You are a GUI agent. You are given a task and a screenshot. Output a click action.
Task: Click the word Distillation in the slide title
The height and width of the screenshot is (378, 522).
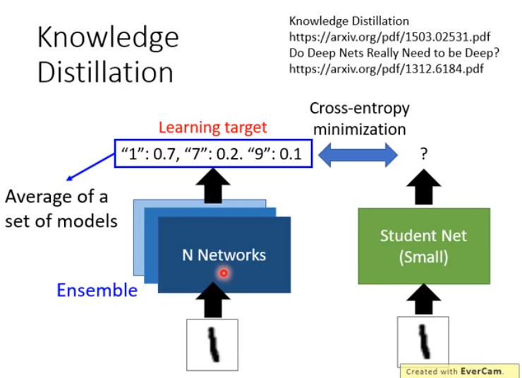105,72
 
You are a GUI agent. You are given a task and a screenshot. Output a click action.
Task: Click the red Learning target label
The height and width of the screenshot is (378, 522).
212,128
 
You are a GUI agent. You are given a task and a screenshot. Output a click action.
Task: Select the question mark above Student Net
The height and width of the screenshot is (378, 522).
424,153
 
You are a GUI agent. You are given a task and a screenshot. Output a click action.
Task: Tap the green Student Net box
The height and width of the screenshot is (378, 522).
424,246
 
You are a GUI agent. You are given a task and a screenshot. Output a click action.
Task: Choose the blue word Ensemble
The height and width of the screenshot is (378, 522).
97,290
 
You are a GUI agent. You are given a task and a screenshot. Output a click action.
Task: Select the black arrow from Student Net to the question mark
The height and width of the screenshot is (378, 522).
424,187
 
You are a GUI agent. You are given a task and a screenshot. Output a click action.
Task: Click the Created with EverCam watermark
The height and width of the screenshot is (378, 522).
459,370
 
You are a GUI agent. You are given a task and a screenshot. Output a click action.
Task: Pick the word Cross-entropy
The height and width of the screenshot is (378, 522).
360,108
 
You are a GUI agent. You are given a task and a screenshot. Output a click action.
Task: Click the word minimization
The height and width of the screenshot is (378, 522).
360,129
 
